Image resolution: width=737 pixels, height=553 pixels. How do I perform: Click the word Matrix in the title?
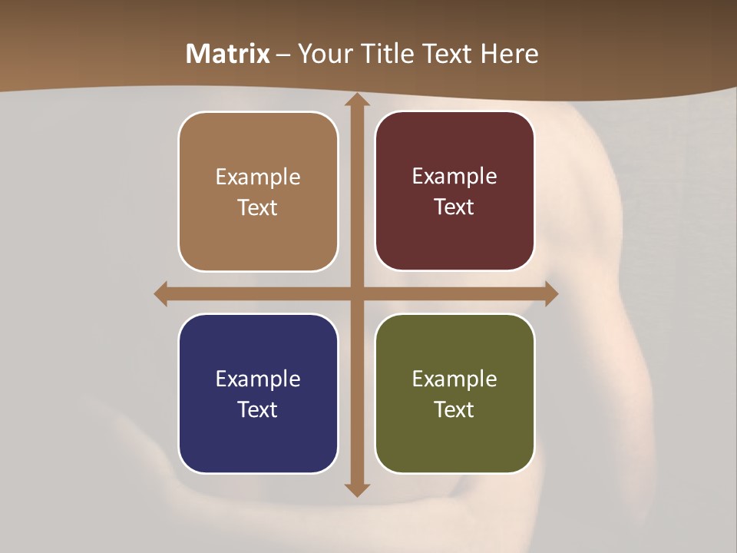[x=228, y=54]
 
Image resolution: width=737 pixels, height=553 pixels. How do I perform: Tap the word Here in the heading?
[x=509, y=54]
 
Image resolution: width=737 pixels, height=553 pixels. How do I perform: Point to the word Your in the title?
[x=322, y=54]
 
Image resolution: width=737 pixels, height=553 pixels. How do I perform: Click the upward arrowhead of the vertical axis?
[x=356, y=100]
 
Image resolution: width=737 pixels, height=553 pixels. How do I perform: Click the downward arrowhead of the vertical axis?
[x=356, y=489]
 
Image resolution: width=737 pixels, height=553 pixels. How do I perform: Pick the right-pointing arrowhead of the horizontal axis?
[x=551, y=293]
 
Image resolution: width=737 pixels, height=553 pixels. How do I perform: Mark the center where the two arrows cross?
[x=356, y=293]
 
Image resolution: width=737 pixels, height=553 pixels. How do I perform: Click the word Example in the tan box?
[x=258, y=177]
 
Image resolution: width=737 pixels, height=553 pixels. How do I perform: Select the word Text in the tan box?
[x=258, y=207]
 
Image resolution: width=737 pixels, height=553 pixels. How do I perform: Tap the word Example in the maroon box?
[x=454, y=177]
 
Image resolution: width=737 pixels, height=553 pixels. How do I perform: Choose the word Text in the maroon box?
[x=454, y=207]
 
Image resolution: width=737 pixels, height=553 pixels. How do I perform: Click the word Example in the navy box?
[x=258, y=379]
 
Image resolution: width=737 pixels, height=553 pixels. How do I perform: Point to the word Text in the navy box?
[x=258, y=409]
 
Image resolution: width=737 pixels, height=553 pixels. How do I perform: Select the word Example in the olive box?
[x=454, y=379]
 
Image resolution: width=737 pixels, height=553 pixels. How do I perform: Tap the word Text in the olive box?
[x=454, y=409]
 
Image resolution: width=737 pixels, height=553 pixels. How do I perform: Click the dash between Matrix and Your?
[x=283, y=55]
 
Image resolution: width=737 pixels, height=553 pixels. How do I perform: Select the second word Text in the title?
[x=445, y=54]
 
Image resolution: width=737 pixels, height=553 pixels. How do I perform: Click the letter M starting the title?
[x=197, y=54]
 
